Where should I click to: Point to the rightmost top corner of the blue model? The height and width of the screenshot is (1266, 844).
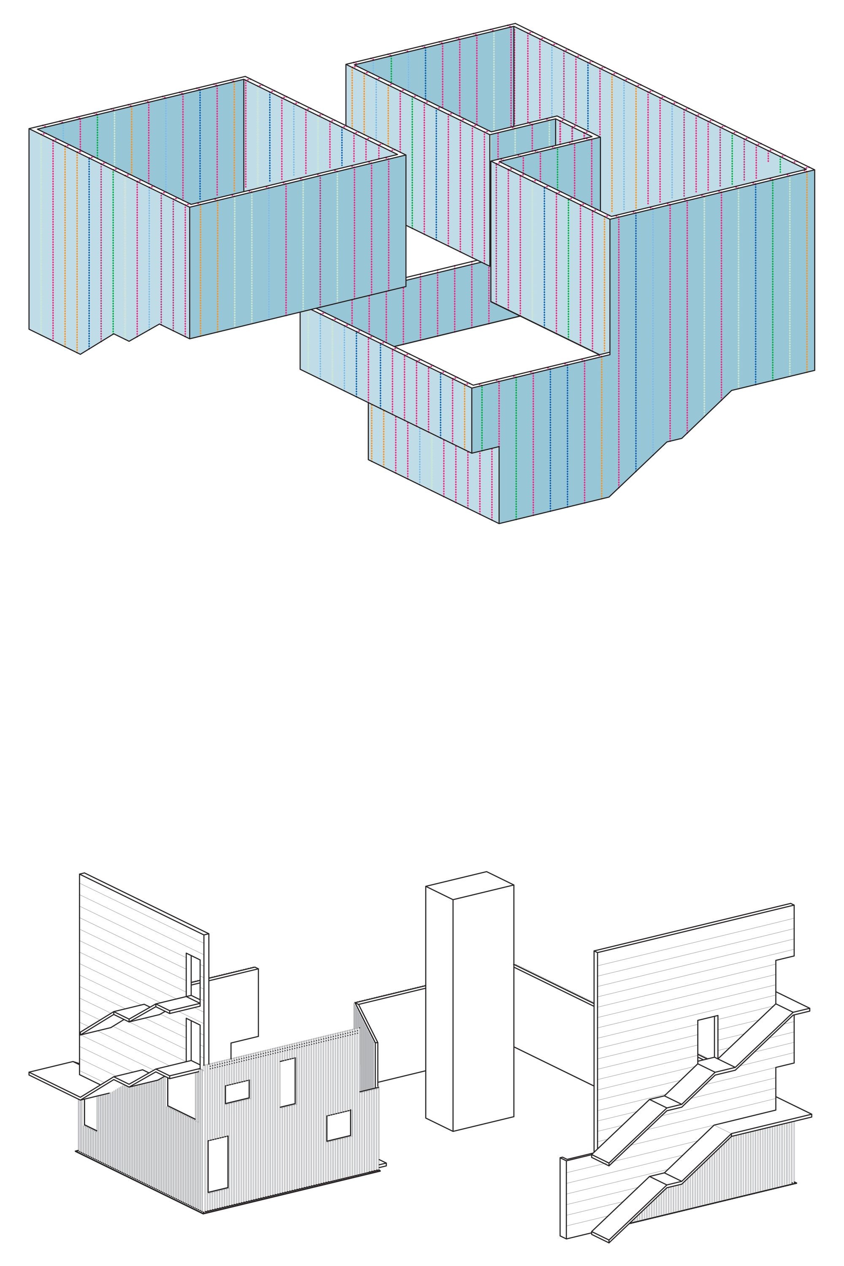pyautogui.click(x=814, y=170)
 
